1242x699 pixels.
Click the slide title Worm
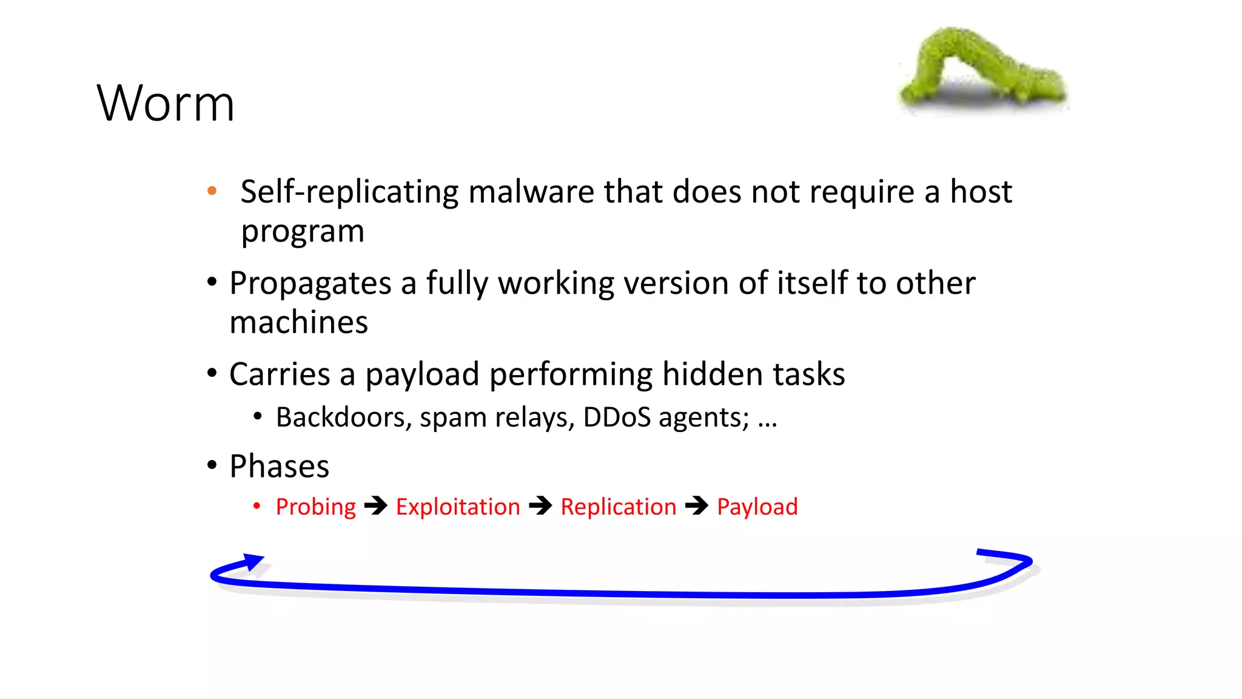pos(165,104)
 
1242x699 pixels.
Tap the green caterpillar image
pos(982,70)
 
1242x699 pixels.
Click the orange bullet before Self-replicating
pos(212,191)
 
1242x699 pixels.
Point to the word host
pos(981,192)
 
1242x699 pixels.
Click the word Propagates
pos(310,283)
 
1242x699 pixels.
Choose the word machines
pos(298,322)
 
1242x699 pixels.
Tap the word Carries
pos(279,374)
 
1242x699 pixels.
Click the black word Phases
pos(279,467)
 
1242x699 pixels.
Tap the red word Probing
pos(315,507)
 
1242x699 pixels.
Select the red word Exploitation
pos(458,507)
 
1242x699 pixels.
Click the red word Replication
pos(618,507)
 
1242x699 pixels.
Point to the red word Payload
pos(757,507)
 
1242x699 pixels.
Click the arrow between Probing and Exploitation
pos(376,505)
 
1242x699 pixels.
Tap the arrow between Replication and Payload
pos(697,505)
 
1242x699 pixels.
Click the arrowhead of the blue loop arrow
pos(253,561)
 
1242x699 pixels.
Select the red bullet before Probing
pos(257,506)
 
